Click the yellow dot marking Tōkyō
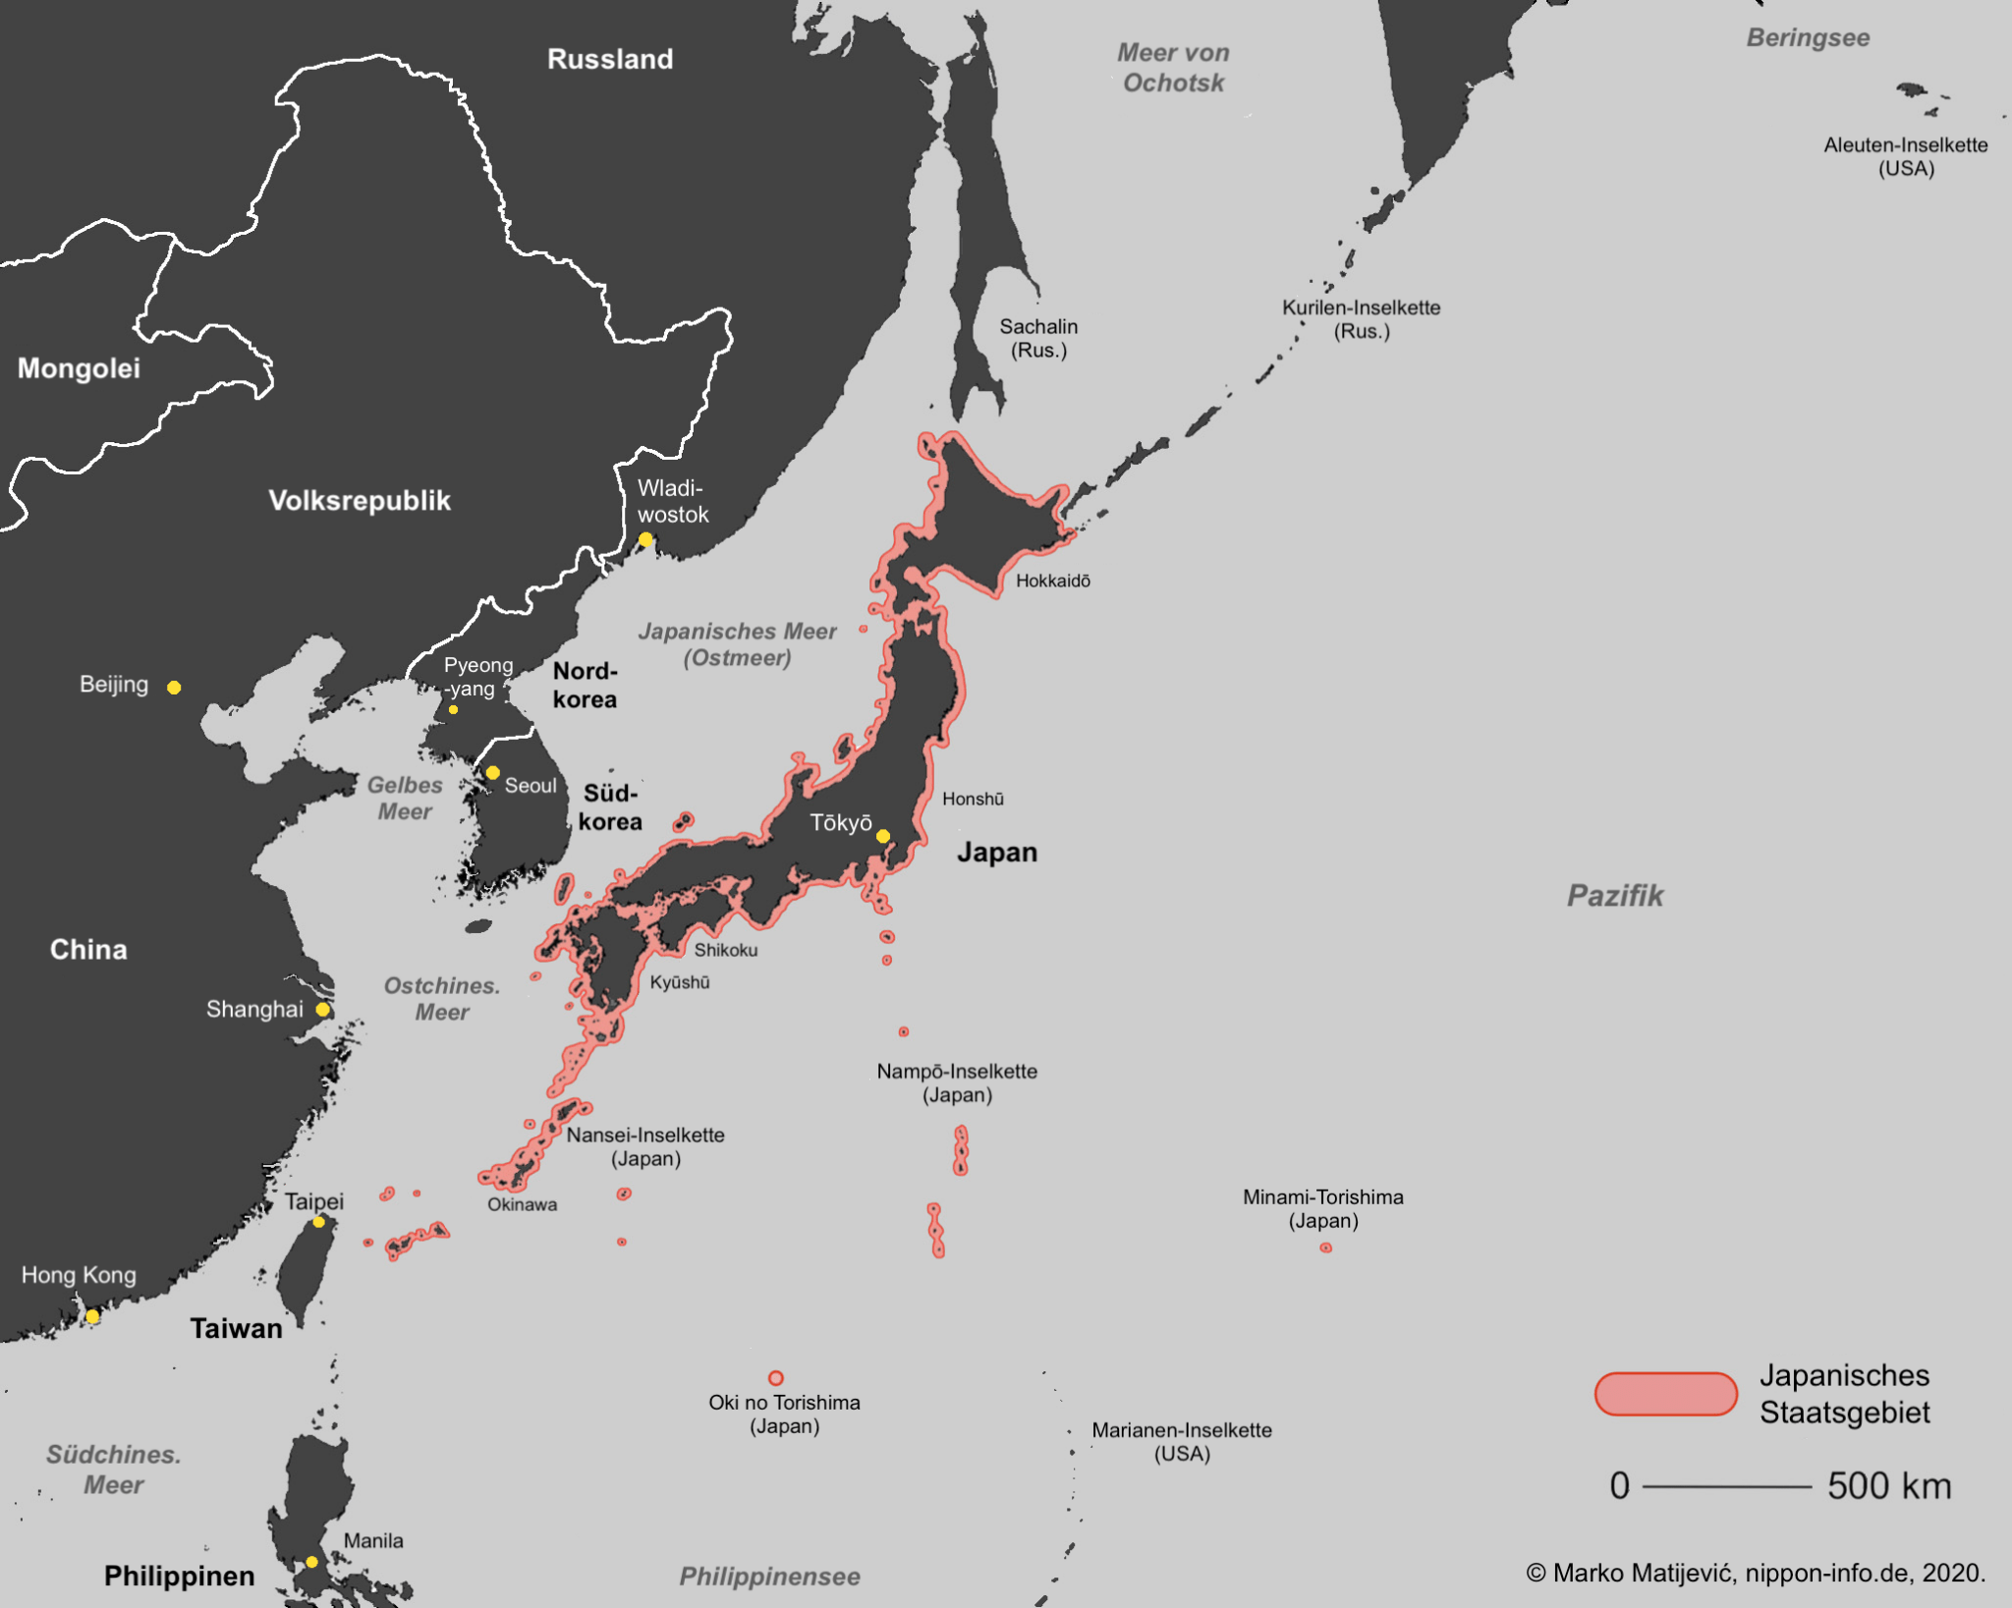[x=883, y=836]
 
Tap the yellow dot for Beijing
[x=174, y=688]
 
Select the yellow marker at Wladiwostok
[x=645, y=539]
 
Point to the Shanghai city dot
[x=322, y=1010]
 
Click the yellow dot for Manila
[x=311, y=1562]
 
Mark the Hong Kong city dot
[x=92, y=1316]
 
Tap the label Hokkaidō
[x=1052, y=581]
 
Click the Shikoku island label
[x=725, y=950]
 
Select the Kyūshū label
[x=679, y=982]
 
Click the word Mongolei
[x=79, y=368]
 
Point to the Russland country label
[x=609, y=59]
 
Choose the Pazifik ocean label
[x=1614, y=896]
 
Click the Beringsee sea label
[x=1808, y=38]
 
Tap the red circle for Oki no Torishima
[x=775, y=1378]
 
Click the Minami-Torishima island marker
[x=1325, y=1248]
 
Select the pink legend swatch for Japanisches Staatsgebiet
[x=1665, y=1394]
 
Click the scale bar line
[x=1726, y=1487]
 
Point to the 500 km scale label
[x=1888, y=1486]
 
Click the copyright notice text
[x=1756, y=1573]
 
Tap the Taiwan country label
[x=236, y=1329]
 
